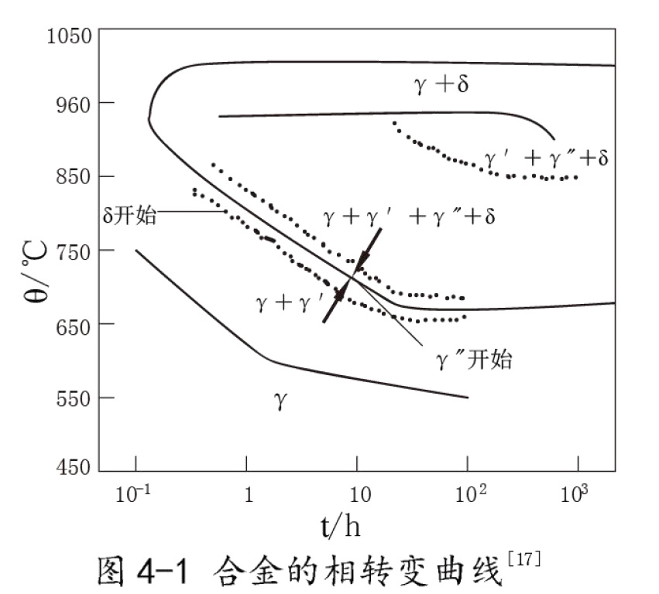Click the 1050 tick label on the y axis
[69, 35]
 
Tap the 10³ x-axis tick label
[577, 494]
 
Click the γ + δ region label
[441, 84]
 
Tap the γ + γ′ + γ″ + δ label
[409, 218]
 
